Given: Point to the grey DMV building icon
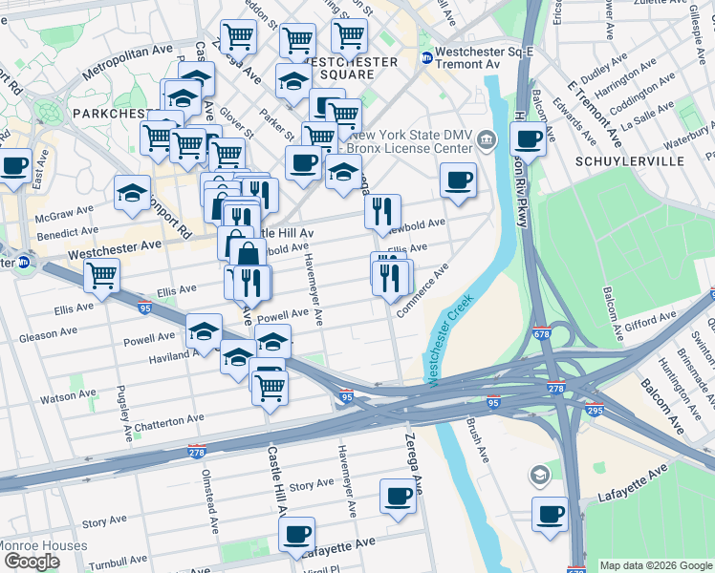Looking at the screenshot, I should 487,142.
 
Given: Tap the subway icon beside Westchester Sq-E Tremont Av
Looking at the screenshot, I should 426,56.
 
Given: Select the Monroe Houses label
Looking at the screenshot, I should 44,546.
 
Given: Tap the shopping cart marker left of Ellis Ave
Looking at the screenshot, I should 101,275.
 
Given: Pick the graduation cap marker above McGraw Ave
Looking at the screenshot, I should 132,193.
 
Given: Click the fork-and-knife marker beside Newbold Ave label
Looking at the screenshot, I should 382,213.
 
